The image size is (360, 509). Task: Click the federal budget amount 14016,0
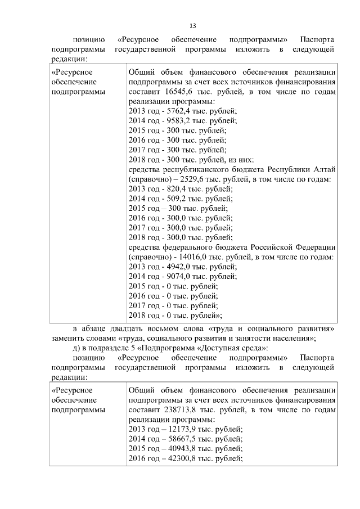coord(193,257)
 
